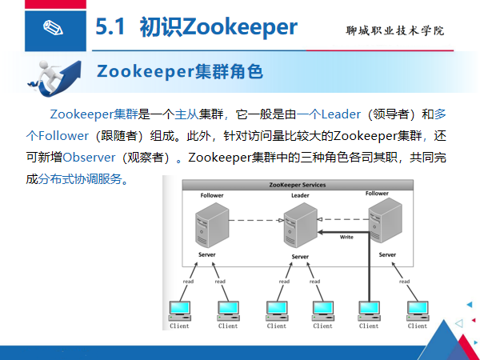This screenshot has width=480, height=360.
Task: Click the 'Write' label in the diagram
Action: [346, 237]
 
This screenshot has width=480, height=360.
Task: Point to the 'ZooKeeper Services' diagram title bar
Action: [296, 185]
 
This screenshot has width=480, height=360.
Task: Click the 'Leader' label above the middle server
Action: [300, 195]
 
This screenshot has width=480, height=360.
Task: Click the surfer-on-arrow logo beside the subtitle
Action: [50, 77]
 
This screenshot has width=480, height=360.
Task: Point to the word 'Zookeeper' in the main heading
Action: [240, 27]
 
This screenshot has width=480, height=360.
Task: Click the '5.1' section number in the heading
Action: [112, 27]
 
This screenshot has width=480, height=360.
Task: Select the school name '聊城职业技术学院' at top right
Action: [394, 30]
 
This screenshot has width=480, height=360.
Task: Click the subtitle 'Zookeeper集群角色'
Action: [179, 71]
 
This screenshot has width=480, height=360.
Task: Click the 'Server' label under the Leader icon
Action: [300, 257]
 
